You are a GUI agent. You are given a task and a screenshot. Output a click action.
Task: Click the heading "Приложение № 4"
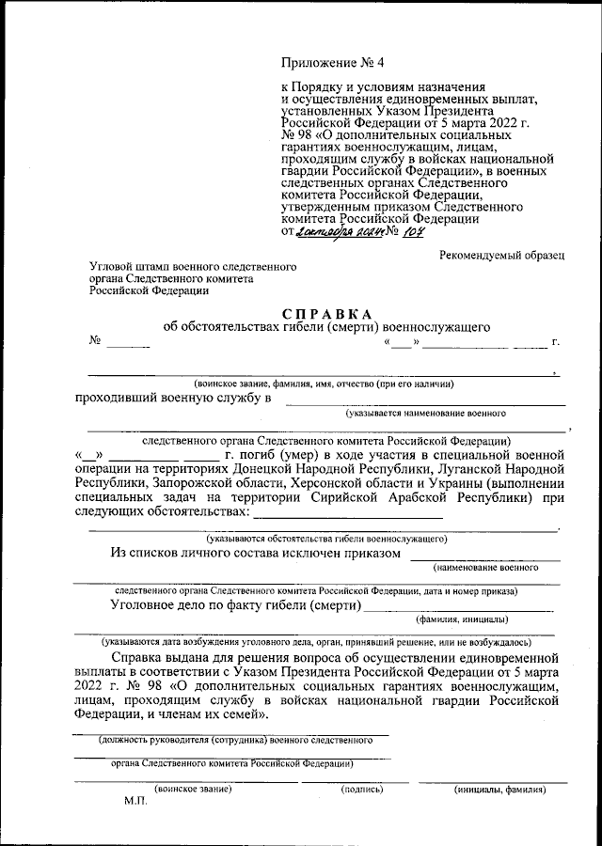point(333,63)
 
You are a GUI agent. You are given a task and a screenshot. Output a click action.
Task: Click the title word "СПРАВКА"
point(326,313)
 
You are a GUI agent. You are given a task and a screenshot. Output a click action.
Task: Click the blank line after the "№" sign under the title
point(128,345)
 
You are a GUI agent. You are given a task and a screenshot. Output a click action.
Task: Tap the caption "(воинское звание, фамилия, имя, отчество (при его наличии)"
point(325,384)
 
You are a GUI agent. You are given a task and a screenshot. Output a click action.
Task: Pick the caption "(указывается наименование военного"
point(425,413)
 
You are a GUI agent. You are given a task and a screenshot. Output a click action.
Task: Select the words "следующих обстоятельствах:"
point(162,512)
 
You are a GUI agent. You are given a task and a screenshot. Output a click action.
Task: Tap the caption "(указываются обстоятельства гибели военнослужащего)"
point(326,539)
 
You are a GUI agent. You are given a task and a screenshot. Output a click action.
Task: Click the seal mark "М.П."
point(136,805)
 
